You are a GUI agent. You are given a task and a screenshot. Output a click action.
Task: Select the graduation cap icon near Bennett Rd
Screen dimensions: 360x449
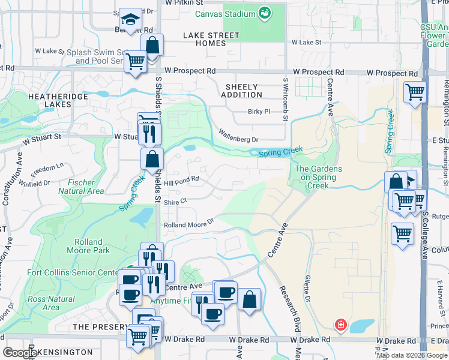[x=130, y=20]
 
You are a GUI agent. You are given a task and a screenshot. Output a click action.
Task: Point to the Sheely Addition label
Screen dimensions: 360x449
[x=242, y=91]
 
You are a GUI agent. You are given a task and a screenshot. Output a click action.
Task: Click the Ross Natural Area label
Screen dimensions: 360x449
[x=51, y=303]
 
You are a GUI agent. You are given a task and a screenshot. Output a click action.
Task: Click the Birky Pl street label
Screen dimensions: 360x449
[x=259, y=112]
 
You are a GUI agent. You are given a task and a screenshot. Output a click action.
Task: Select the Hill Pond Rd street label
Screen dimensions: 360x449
[x=181, y=179]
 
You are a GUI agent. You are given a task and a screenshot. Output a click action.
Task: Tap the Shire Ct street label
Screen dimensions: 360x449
[x=176, y=202]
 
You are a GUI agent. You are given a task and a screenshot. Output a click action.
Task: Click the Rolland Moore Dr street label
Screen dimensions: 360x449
[x=188, y=223]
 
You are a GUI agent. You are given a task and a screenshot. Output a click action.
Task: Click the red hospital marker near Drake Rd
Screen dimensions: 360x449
[x=340, y=325]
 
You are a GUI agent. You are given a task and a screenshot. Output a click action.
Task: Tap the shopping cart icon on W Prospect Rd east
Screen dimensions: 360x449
[x=414, y=93]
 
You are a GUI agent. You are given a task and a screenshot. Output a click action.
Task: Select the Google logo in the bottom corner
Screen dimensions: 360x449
[x=20, y=353]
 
